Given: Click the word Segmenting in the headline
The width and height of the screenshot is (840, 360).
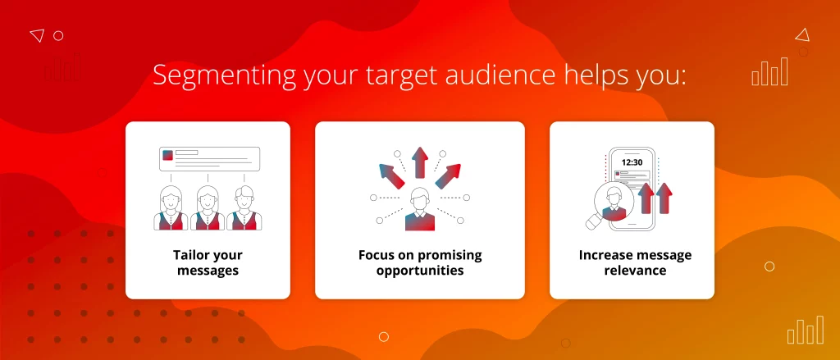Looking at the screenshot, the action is (x=224, y=76).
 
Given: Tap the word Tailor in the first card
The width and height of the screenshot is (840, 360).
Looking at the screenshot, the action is (x=190, y=254).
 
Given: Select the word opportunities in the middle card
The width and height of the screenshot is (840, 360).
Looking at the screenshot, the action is (x=420, y=270).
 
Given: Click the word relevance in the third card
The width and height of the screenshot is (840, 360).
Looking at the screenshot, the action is (x=635, y=270).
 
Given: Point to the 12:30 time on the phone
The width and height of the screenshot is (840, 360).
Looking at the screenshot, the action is (x=632, y=162).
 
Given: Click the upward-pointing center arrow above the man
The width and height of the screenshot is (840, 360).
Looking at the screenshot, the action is (x=419, y=162).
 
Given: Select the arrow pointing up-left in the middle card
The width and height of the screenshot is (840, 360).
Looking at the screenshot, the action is (x=391, y=176).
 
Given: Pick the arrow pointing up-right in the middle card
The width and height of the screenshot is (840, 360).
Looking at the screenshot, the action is (x=448, y=176).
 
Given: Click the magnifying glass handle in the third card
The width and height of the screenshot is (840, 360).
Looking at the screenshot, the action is (x=594, y=222).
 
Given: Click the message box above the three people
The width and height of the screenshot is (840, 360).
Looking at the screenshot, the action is (x=209, y=159).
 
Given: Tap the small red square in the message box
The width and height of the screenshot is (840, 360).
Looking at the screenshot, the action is (x=168, y=155).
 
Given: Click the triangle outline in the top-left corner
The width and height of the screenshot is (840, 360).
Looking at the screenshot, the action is (x=37, y=35).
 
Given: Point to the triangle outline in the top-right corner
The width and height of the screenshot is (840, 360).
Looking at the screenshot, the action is (x=802, y=35).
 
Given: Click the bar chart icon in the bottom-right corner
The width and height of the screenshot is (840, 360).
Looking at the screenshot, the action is (x=806, y=330).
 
